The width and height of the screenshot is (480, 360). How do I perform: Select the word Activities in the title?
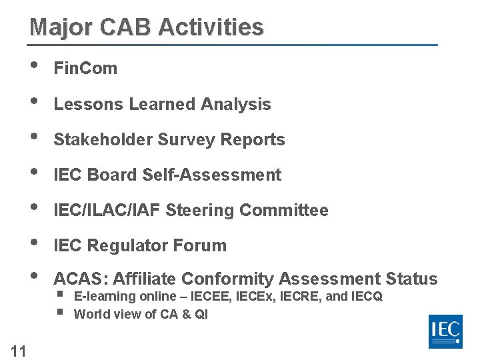tap(211, 28)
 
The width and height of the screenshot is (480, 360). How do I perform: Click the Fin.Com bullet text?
tap(85, 68)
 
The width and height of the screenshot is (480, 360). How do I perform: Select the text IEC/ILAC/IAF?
tap(107, 211)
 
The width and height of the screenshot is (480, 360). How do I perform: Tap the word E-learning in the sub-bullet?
tap(105, 297)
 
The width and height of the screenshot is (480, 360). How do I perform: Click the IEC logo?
tap(445, 331)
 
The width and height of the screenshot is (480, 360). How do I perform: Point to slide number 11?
tap(19, 351)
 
